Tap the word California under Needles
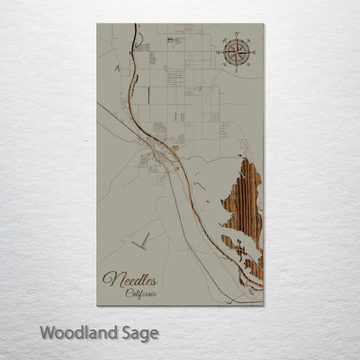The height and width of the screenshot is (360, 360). tap(141, 293)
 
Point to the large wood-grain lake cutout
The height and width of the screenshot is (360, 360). tap(243, 212)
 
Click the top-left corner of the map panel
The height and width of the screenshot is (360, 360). tap(97, 24)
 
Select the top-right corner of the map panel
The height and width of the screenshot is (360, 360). tap(264, 24)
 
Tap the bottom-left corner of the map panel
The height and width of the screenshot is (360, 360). tap(97, 305)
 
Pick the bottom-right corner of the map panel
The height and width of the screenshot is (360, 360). tap(264, 305)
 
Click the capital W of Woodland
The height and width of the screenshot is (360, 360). tap(47, 331)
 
